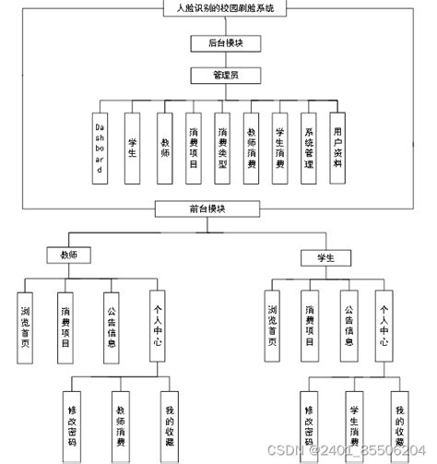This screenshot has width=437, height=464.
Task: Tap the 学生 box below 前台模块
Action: pyautogui.click(x=322, y=256)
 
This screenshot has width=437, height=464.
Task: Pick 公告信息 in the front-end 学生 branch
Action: pyautogui.click(x=348, y=324)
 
